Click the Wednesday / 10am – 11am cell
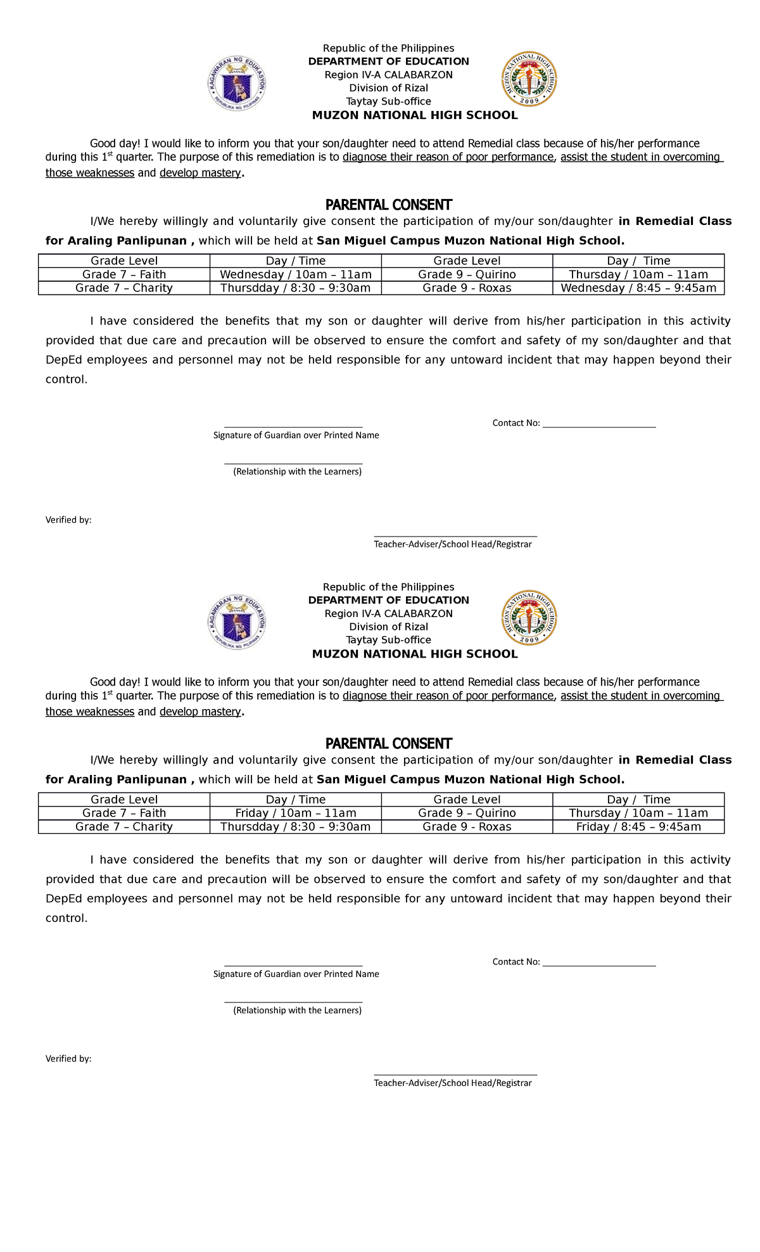295,274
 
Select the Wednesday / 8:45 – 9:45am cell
638,288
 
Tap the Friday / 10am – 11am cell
295,813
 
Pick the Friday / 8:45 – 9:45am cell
638,827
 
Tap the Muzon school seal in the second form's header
529,618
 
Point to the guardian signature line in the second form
293,966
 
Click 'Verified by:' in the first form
68,520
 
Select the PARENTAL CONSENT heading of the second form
388,743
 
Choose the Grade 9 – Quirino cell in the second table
467,813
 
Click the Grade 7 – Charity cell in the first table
124,288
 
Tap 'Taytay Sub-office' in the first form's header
388,101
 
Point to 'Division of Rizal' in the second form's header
388,627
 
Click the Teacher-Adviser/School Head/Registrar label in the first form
452,544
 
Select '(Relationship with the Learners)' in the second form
297,1011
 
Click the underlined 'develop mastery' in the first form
200,173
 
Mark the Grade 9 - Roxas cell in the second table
467,827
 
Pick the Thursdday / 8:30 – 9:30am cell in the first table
295,288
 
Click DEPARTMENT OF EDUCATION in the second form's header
388,600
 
